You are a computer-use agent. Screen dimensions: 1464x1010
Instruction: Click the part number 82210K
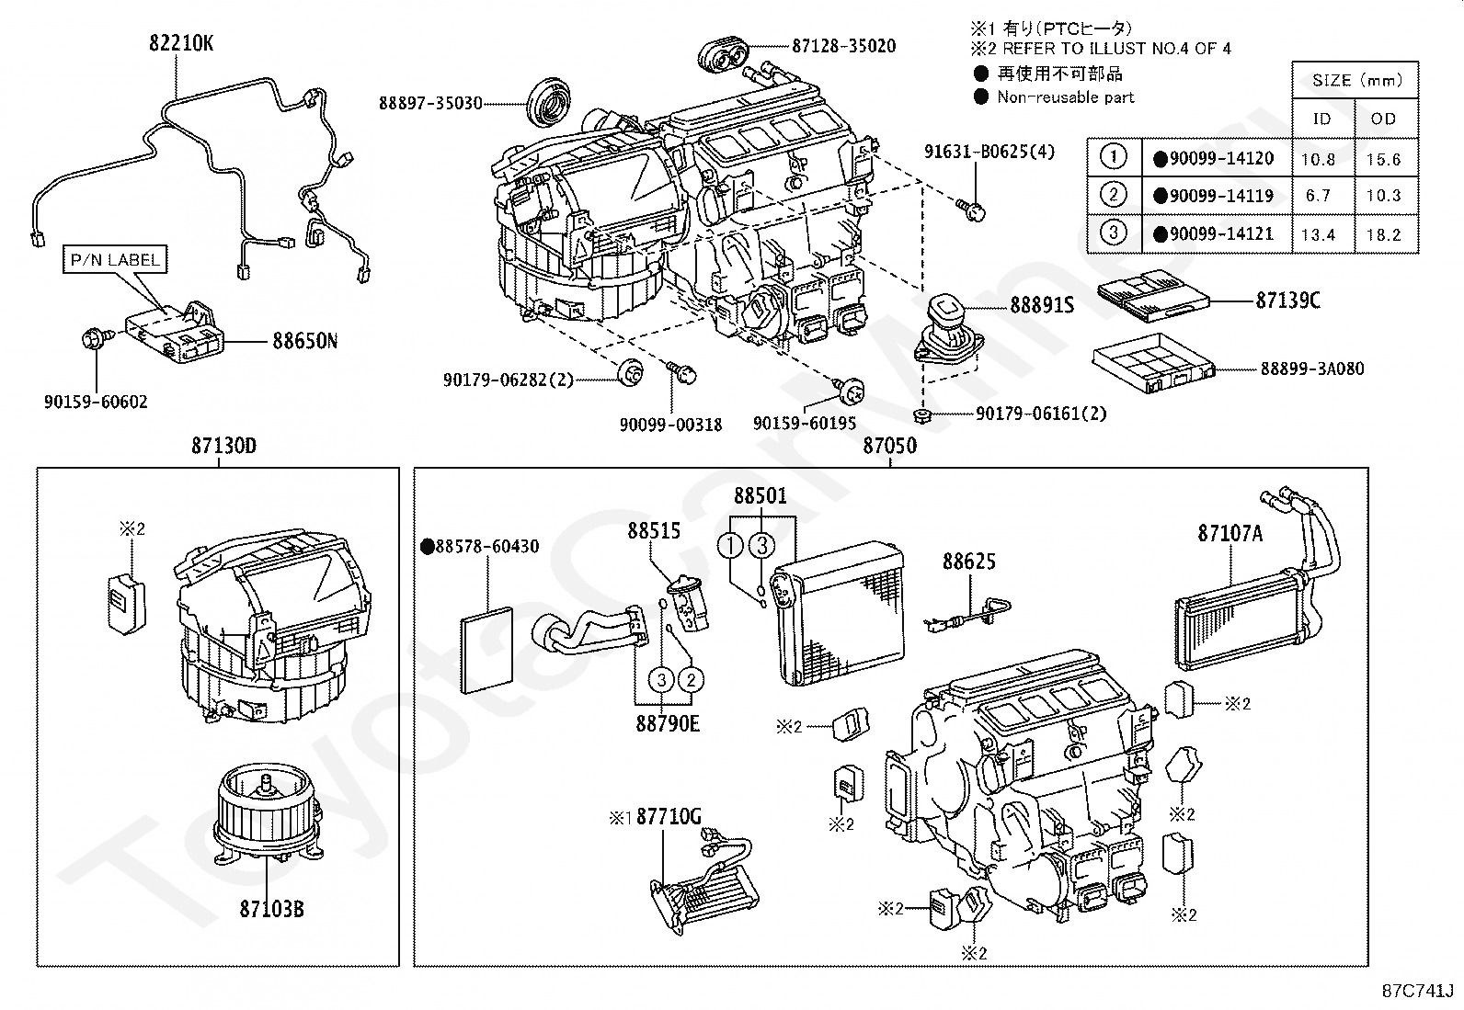pyautogui.click(x=181, y=43)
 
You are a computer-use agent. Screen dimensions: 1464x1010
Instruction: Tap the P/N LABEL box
pyautogui.click(x=115, y=259)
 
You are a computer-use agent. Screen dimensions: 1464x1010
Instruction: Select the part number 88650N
pyautogui.click(x=305, y=340)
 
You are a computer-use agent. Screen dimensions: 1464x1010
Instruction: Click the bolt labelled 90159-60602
pyautogui.click(x=94, y=338)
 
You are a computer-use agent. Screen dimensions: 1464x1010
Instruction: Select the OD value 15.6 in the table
pyautogui.click(x=1384, y=159)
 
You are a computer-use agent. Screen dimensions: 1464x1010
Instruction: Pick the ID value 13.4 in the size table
pyautogui.click(x=1319, y=234)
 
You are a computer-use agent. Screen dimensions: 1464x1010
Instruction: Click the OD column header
pyautogui.click(x=1384, y=119)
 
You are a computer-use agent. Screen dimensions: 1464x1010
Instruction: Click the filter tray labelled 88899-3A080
pyautogui.click(x=1154, y=363)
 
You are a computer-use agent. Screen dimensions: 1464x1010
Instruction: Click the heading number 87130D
pyautogui.click(x=223, y=446)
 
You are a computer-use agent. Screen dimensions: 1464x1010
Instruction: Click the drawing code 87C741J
pyautogui.click(x=1418, y=991)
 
